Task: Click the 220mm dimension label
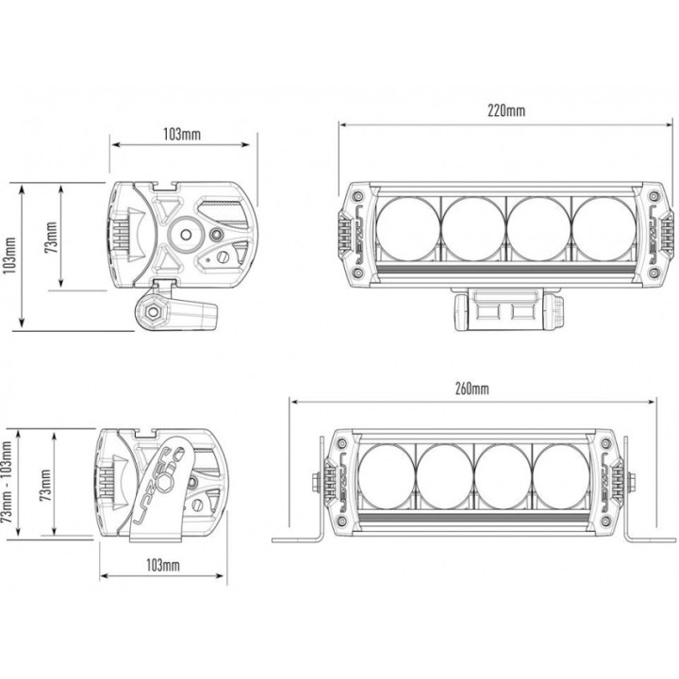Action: point(506,111)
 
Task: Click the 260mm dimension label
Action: point(472,389)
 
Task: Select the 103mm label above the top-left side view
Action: point(182,134)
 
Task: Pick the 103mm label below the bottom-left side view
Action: point(163,565)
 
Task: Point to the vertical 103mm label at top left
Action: point(9,256)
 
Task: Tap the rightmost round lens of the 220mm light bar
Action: point(604,229)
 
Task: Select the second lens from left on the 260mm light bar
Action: point(445,476)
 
